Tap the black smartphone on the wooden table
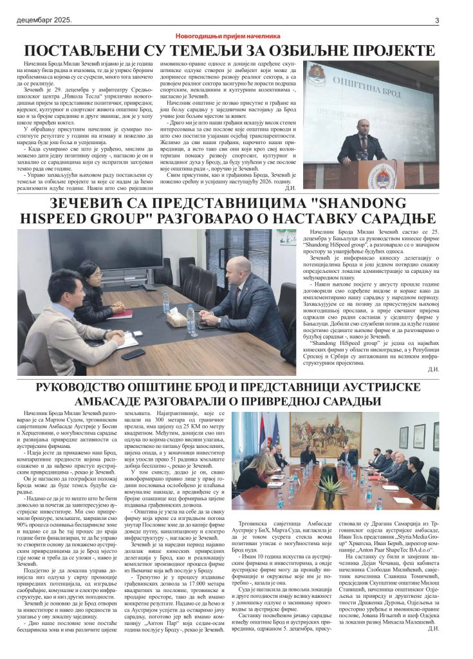click(133, 353)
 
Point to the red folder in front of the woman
click(122, 314)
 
